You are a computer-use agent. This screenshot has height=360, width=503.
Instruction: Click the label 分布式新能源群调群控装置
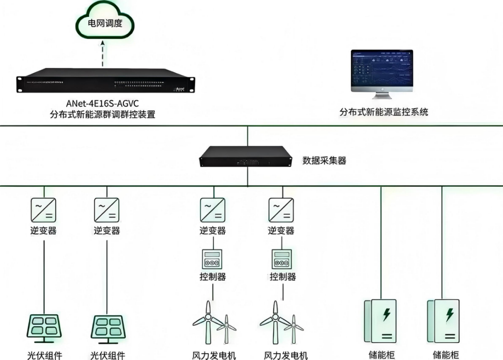coord(102,115)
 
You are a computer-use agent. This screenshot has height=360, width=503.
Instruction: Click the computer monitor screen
coord(382,67)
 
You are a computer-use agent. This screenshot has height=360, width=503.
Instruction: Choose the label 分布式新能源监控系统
coord(384,112)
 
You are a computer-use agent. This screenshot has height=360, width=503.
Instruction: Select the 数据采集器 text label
coord(324,161)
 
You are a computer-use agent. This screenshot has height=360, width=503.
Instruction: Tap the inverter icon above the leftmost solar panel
coord(44,210)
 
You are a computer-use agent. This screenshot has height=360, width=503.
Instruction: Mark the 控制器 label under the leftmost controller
coord(213,277)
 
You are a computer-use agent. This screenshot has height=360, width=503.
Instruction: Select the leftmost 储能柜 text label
coord(382,354)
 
